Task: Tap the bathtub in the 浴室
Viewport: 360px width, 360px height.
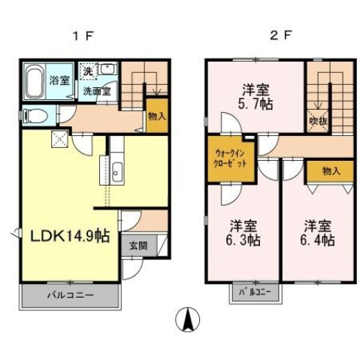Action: click(x=35, y=80)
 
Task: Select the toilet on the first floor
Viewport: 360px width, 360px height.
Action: click(x=34, y=116)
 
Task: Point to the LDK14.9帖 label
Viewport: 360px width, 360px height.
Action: click(x=69, y=236)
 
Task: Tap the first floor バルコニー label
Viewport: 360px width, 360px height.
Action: click(x=71, y=295)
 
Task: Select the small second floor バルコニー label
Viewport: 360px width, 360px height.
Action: click(x=254, y=291)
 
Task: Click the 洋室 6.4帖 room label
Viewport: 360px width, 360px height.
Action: click(x=319, y=233)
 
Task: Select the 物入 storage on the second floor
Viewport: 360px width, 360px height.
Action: click(x=330, y=171)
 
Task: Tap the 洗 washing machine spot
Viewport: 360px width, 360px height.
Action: click(x=88, y=71)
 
